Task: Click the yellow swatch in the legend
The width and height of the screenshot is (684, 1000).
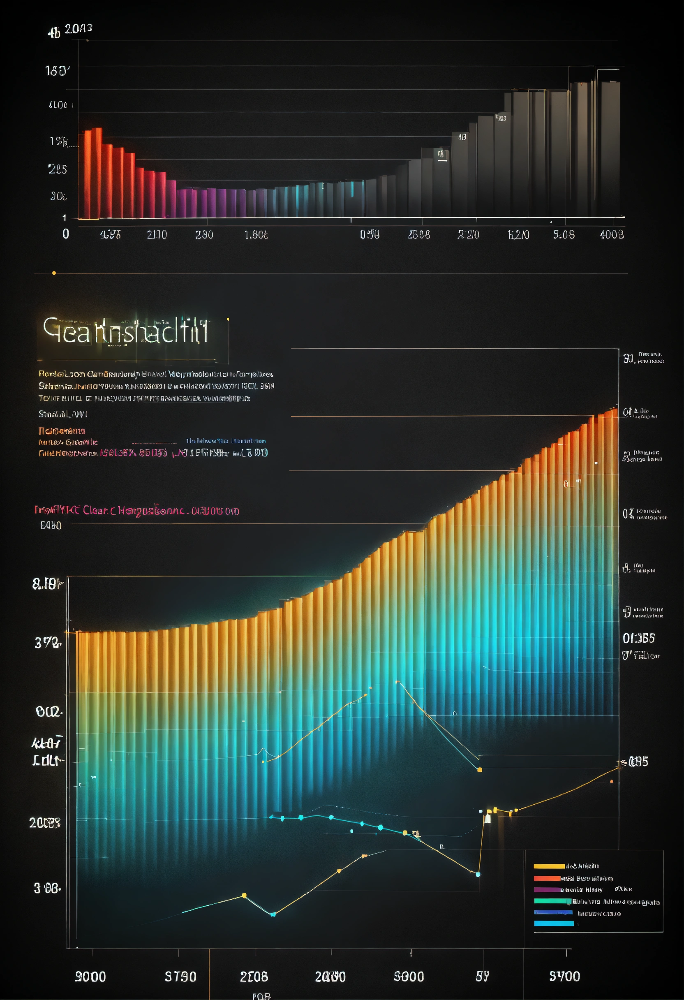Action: [x=549, y=866]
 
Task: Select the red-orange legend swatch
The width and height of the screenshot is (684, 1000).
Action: [x=547, y=878]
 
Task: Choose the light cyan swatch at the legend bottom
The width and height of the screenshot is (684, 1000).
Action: [x=554, y=923]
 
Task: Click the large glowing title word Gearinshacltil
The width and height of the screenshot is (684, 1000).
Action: [x=126, y=331]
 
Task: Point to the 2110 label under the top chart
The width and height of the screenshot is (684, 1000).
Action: [x=157, y=234]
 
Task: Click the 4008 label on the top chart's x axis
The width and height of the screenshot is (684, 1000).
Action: [x=612, y=234]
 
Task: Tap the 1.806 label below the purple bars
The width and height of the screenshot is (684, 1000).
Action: [x=256, y=234]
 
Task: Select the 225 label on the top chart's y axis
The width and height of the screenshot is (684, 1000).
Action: [x=58, y=169]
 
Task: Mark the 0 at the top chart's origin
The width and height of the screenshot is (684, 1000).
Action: [x=66, y=234]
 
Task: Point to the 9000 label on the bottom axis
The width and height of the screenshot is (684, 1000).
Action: [x=90, y=977]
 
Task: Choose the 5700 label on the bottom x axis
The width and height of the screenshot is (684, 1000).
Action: [x=564, y=976]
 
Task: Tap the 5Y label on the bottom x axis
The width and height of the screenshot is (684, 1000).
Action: [x=482, y=976]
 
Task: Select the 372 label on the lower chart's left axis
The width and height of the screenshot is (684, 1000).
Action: [x=48, y=643]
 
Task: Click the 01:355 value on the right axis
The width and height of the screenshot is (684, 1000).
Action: [x=639, y=638]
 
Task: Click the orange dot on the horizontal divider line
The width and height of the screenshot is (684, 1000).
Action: [x=54, y=273]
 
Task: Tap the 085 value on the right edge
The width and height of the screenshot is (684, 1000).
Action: [x=638, y=762]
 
